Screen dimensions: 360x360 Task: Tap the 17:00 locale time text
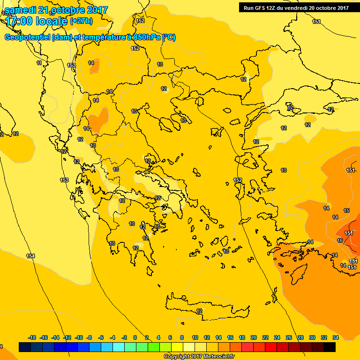tap(36, 21)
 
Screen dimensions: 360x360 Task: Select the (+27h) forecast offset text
tap(81, 21)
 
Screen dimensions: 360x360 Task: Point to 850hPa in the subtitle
tap(146, 37)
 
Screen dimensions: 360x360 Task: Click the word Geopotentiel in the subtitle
tap(27, 37)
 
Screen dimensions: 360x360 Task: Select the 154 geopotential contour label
tap(30, 256)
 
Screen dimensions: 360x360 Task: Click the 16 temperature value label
tap(340, 240)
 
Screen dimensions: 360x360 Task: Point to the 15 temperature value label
tap(346, 211)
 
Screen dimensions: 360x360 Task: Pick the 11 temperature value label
tap(39, 63)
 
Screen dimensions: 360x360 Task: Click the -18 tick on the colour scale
tap(32, 337)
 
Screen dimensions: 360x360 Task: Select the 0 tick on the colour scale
tap(135, 337)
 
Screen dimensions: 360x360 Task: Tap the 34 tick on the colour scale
tap(335, 337)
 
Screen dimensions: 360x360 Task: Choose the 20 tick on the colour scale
tap(254, 337)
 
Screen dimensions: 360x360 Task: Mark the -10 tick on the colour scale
tap(78, 337)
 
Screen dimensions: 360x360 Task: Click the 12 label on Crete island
tap(199, 311)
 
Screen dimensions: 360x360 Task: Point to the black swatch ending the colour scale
tap(330, 347)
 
